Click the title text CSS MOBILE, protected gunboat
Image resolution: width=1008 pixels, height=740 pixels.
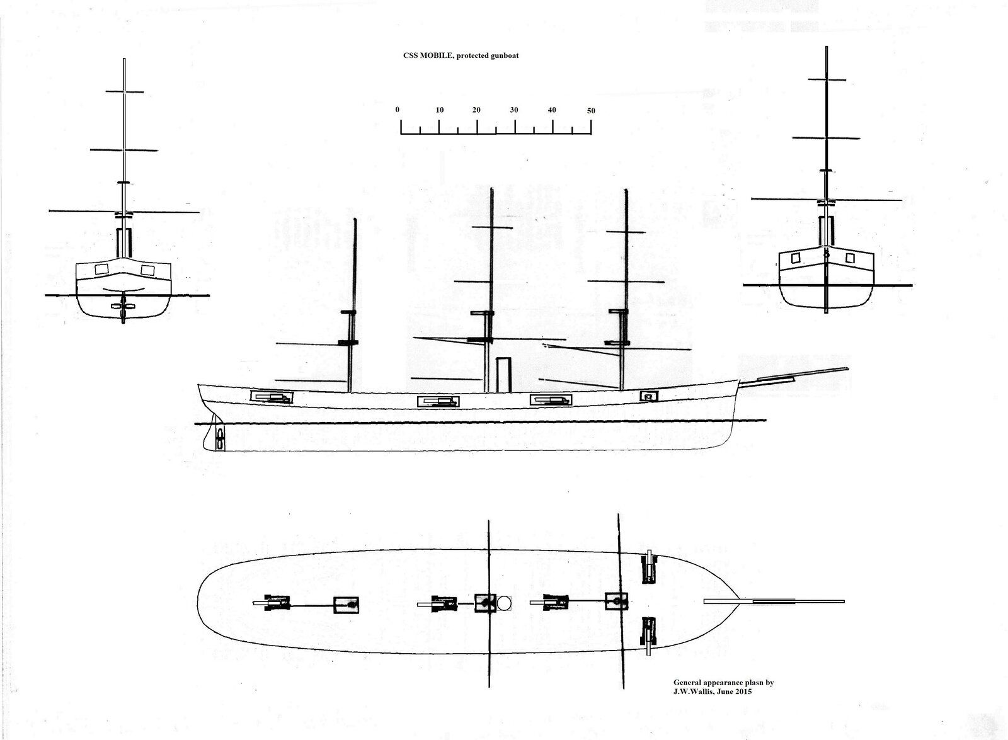pos(461,56)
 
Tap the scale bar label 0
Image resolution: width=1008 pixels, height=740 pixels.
pos(398,110)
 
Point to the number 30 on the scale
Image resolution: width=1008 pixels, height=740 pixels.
pos(514,110)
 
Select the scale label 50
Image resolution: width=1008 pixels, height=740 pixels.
pos(591,111)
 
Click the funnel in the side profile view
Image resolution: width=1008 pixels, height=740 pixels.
pos(503,375)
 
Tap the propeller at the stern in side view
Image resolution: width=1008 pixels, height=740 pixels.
pos(220,436)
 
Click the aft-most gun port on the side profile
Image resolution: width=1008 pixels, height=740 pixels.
pos(272,397)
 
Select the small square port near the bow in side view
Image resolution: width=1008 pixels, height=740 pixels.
pos(649,396)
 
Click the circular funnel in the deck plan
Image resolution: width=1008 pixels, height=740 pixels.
pos(505,603)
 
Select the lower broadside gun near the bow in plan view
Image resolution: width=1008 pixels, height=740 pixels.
pos(649,637)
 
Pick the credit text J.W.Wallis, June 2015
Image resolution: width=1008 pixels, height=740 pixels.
pos(713,692)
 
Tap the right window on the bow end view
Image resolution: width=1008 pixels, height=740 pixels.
pos(850,258)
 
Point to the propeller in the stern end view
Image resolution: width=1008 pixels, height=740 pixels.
pos(123,306)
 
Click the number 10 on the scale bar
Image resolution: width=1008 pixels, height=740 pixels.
pos(440,110)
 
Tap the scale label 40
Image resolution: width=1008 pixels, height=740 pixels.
pos(552,110)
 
